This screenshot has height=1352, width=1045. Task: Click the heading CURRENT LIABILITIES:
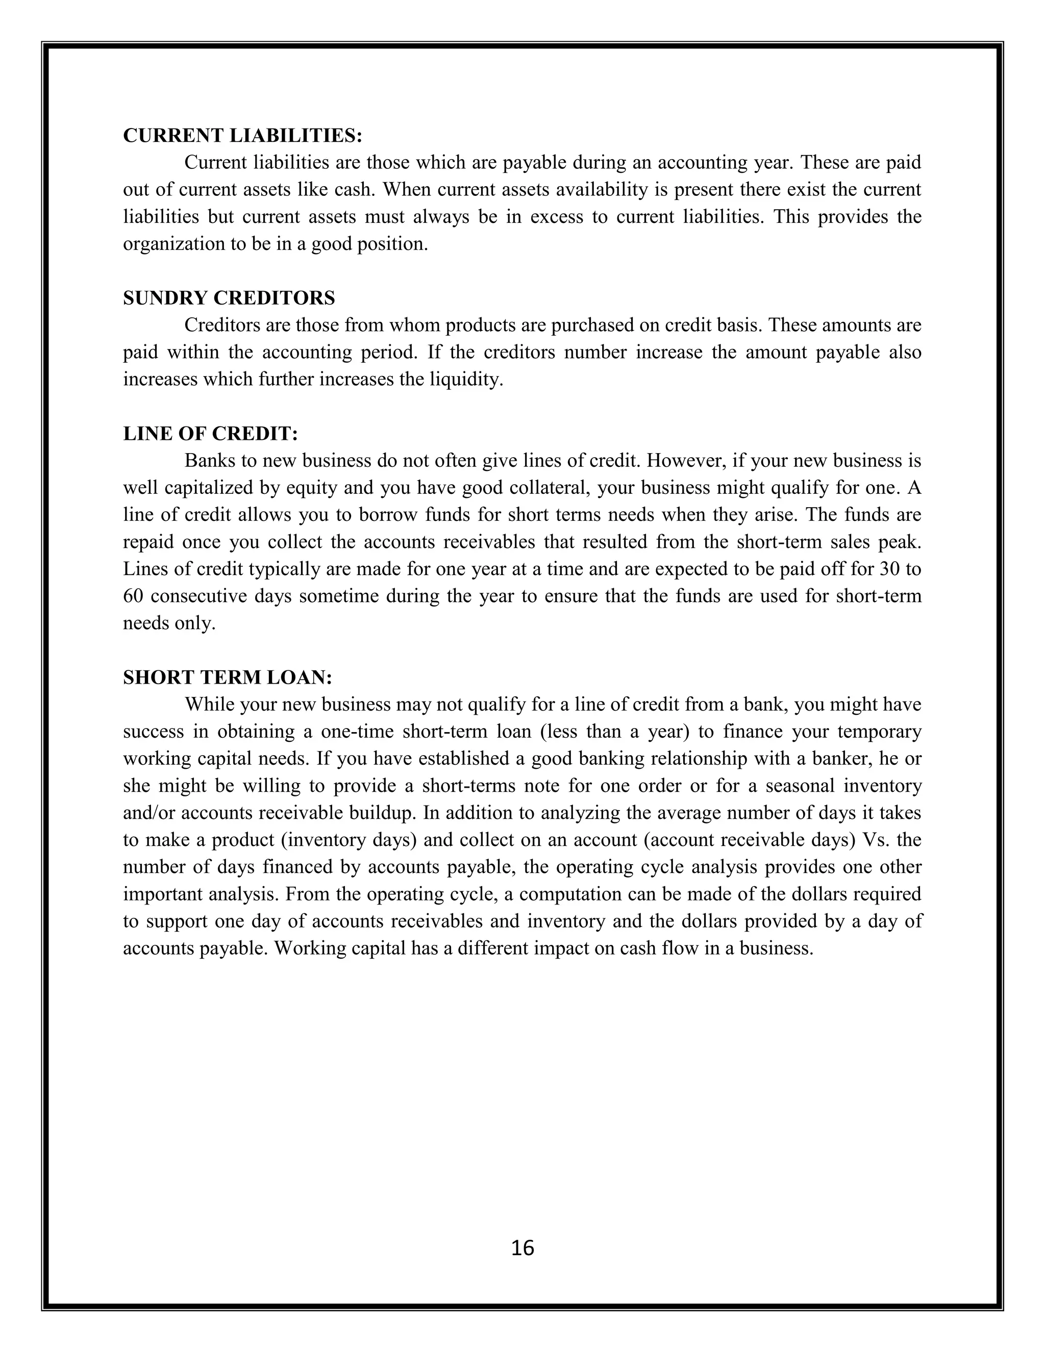tap(243, 136)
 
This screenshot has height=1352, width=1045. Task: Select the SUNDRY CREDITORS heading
tap(229, 298)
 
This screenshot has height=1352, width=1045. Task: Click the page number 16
tap(522, 1248)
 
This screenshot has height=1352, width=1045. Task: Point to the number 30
tap(889, 569)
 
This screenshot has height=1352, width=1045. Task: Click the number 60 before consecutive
tap(133, 596)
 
